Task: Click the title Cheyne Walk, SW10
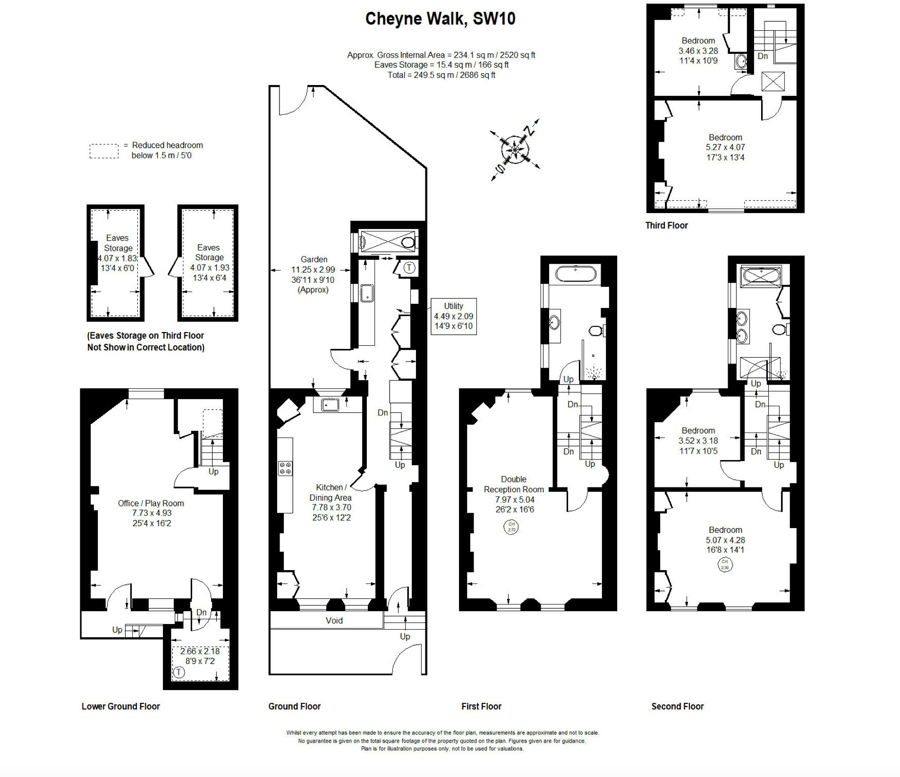pos(440,19)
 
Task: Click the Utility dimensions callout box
pos(453,316)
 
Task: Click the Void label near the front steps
pos(334,621)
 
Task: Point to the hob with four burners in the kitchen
pos(285,468)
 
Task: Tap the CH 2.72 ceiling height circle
pos(511,527)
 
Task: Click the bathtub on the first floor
pos(575,273)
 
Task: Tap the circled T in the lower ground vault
pos(179,672)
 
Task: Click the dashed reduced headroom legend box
pos(104,151)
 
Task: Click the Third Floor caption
pos(666,225)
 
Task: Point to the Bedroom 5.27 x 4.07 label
pos(725,147)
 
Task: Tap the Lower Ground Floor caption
pos(120,706)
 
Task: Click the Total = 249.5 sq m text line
pos(441,75)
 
